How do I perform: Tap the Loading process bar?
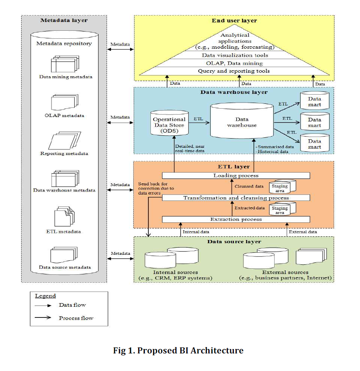point(236,175)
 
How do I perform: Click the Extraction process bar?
point(236,219)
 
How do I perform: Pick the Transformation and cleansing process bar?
point(236,198)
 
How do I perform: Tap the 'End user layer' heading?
point(234,20)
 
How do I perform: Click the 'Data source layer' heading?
point(234,242)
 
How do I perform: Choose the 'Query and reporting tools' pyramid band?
point(234,71)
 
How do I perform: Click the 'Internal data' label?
point(196,232)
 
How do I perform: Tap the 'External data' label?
point(303,232)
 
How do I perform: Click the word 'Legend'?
point(45,296)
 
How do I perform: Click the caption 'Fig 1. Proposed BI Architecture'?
point(178,351)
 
